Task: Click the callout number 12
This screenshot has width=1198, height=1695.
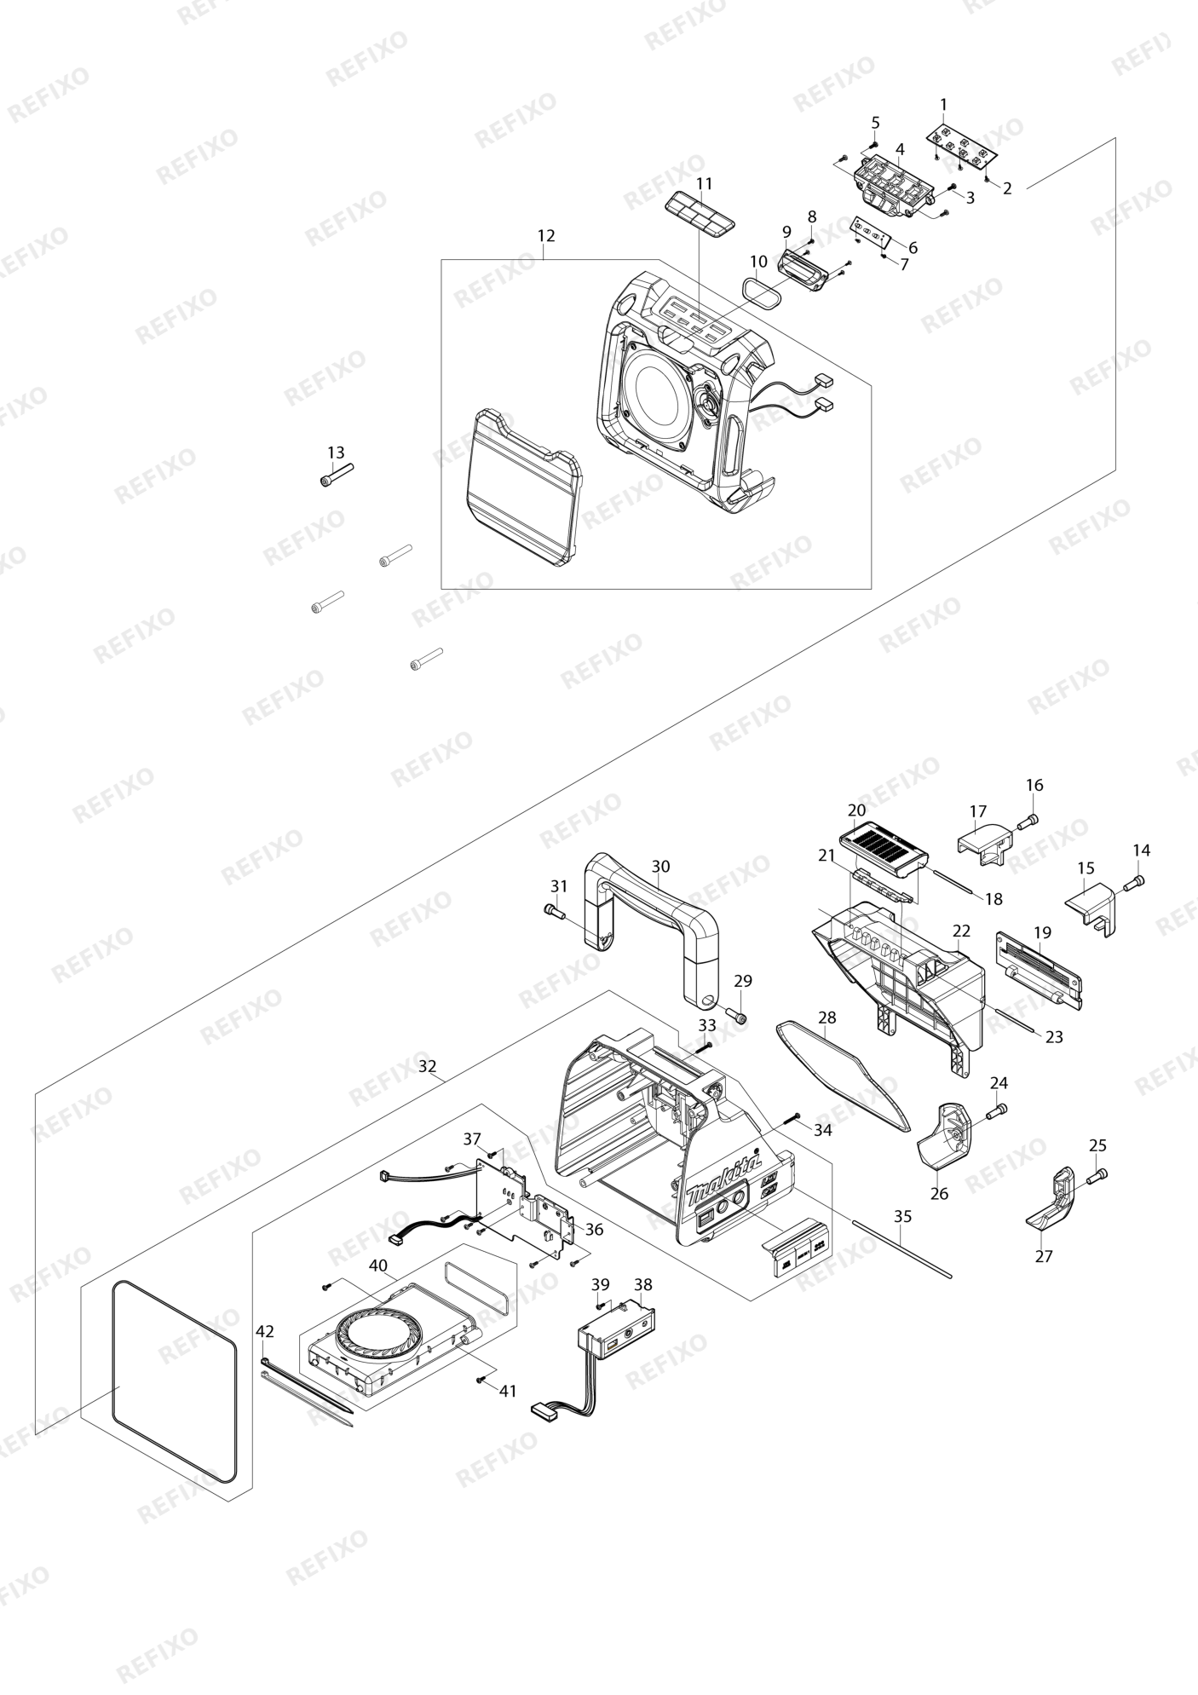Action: click(x=546, y=235)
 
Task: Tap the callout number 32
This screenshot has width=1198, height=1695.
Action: click(x=428, y=1066)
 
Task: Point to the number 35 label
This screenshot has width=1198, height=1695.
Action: click(x=903, y=1216)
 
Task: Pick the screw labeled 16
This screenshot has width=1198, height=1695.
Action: click(x=1029, y=821)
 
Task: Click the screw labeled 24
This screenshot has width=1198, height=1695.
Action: click(x=997, y=1111)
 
